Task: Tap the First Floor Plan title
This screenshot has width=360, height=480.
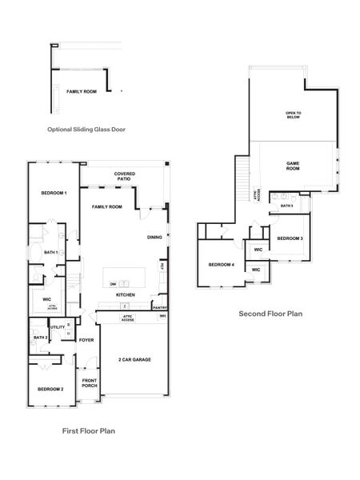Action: (89, 430)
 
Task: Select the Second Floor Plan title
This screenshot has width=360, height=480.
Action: (270, 314)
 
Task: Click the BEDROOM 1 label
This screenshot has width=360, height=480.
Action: (54, 194)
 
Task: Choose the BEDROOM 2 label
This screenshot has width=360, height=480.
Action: (50, 389)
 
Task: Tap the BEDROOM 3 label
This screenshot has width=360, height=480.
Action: (290, 238)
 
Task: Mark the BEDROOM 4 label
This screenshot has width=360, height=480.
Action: (221, 265)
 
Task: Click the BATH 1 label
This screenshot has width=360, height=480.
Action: (51, 253)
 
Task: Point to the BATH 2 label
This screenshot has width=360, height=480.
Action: (41, 338)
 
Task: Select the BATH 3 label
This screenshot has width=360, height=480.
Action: (287, 206)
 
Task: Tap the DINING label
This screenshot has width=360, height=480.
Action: (154, 238)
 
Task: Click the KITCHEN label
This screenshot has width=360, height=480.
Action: (125, 295)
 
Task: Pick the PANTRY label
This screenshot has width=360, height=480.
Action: (159, 307)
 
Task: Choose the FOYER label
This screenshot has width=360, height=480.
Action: (86, 340)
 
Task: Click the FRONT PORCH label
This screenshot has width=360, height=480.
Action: (89, 382)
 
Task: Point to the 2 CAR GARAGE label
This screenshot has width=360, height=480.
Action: (134, 359)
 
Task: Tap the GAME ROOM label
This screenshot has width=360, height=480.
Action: (293, 166)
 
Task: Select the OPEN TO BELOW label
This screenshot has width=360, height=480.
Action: (294, 115)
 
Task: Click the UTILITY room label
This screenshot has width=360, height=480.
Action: (58, 326)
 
